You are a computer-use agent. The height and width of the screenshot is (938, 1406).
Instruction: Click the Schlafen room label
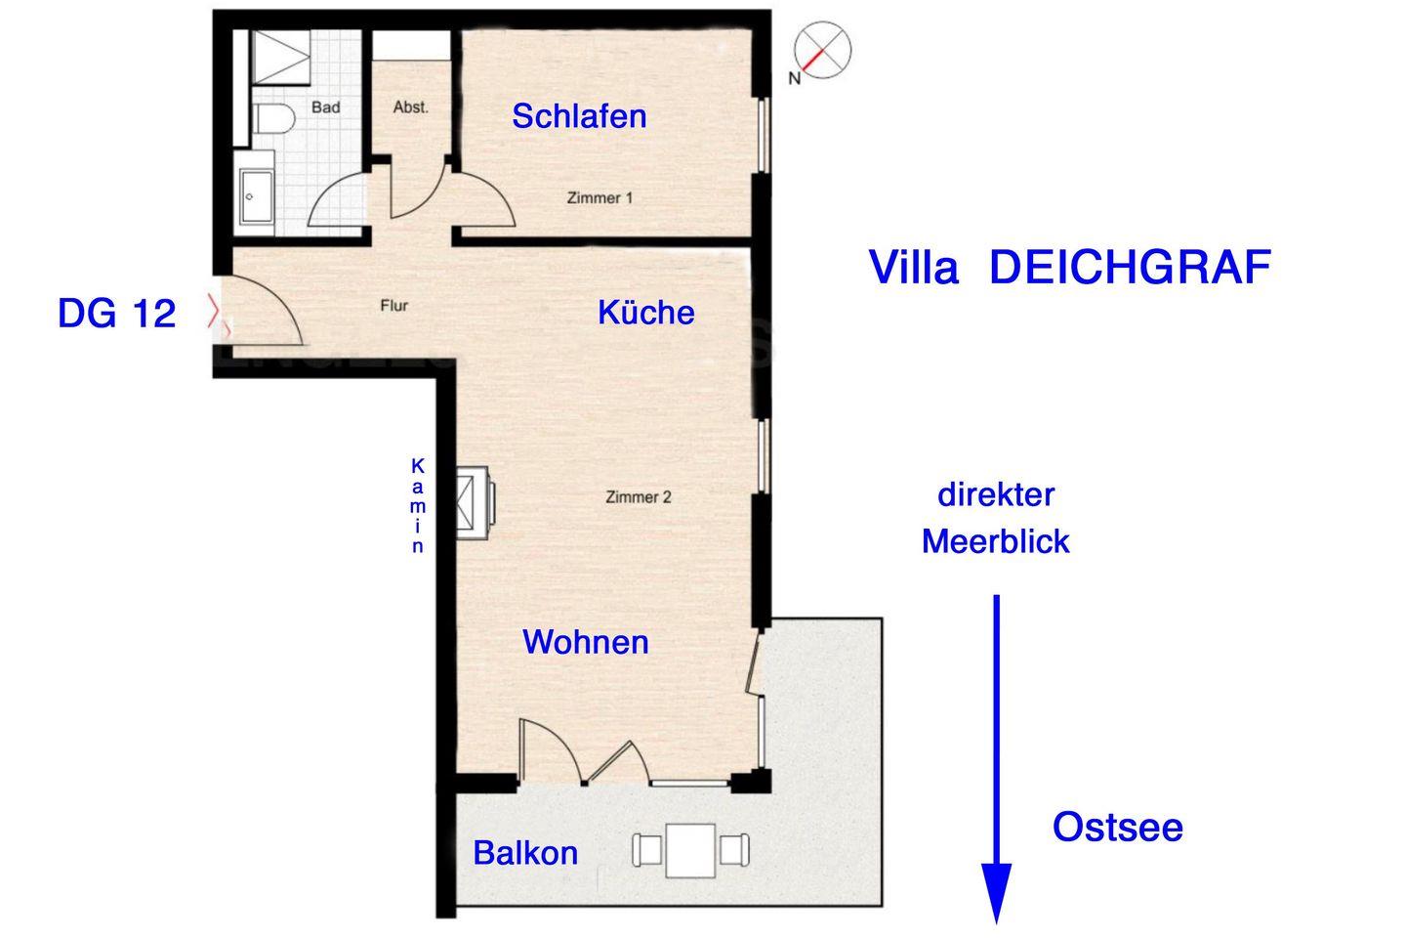tap(579, 116)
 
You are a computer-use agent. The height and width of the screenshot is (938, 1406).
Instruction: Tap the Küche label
tap(646, 313)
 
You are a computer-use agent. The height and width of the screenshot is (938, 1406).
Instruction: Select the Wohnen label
tap(585, 642)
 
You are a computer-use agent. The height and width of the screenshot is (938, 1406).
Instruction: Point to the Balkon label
tap(525, 853)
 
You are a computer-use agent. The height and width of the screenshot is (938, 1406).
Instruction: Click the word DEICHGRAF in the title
tap(1130, 268)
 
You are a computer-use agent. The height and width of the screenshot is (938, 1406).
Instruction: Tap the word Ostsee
tap(1117, 827)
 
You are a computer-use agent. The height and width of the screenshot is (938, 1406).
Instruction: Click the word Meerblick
tap(996, 541)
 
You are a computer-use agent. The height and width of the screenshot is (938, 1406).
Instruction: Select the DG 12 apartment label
tap(117, 313)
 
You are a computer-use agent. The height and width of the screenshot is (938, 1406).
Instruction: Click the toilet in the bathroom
tap(274, 119)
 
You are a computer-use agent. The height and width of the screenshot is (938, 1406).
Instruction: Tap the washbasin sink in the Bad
tap(256, 195)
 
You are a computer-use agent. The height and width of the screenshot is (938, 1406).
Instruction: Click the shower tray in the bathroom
tap(280, 58)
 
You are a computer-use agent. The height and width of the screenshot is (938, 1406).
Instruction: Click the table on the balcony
tap(690, 851)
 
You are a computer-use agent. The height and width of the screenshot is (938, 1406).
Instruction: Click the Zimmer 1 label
tap(600, 198)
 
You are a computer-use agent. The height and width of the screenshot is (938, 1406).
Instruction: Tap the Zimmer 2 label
tap(639, 497)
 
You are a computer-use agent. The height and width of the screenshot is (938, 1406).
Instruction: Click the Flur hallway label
tap(394, 306)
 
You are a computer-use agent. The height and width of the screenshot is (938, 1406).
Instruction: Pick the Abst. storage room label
tap(410, 107)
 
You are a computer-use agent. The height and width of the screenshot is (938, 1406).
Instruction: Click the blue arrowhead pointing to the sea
tap(996, 893)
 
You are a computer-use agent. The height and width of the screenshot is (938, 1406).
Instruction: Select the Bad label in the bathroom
tap(326, 107)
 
